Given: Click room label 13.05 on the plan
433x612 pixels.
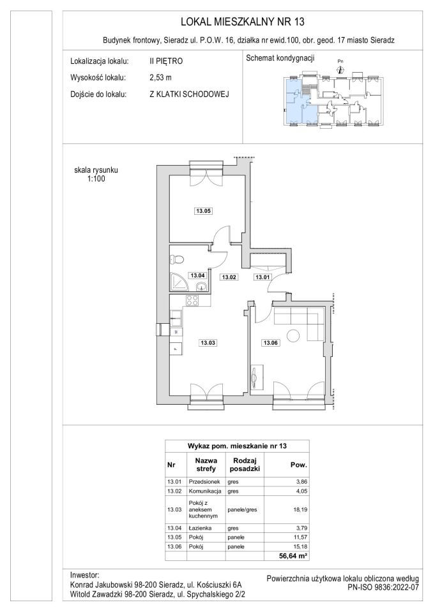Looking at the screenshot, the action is point(203,211).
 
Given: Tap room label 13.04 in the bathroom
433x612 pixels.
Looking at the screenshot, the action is point(197,275).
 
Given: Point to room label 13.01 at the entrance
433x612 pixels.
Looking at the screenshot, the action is point(262,277).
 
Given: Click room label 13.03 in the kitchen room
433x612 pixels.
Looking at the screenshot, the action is point(208,343).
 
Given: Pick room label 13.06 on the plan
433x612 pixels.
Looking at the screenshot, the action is point(270,343).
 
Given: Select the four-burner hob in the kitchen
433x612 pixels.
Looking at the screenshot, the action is point(192,300).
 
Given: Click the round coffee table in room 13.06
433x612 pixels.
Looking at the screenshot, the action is point(294,335).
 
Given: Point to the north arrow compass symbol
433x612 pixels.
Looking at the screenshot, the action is point(340,70).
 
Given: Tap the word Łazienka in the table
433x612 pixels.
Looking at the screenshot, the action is point(200,528).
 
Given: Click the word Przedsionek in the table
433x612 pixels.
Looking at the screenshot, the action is point(204,482).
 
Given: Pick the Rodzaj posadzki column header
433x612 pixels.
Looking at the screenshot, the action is point(245,465).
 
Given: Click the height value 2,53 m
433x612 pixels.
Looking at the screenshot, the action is point(160,77).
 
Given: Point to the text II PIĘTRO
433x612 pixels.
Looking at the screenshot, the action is point(166,61).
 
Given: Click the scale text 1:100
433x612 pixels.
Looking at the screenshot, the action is point(96,179).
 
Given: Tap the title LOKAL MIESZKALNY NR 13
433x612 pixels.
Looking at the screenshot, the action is point(243,22).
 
